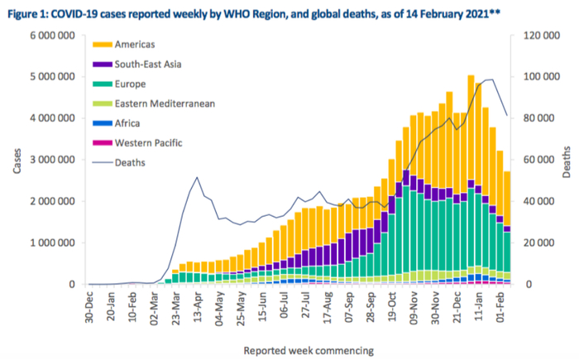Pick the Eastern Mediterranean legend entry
point(165,104)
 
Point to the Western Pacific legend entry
point(150,143)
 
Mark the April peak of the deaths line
point(197,177)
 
